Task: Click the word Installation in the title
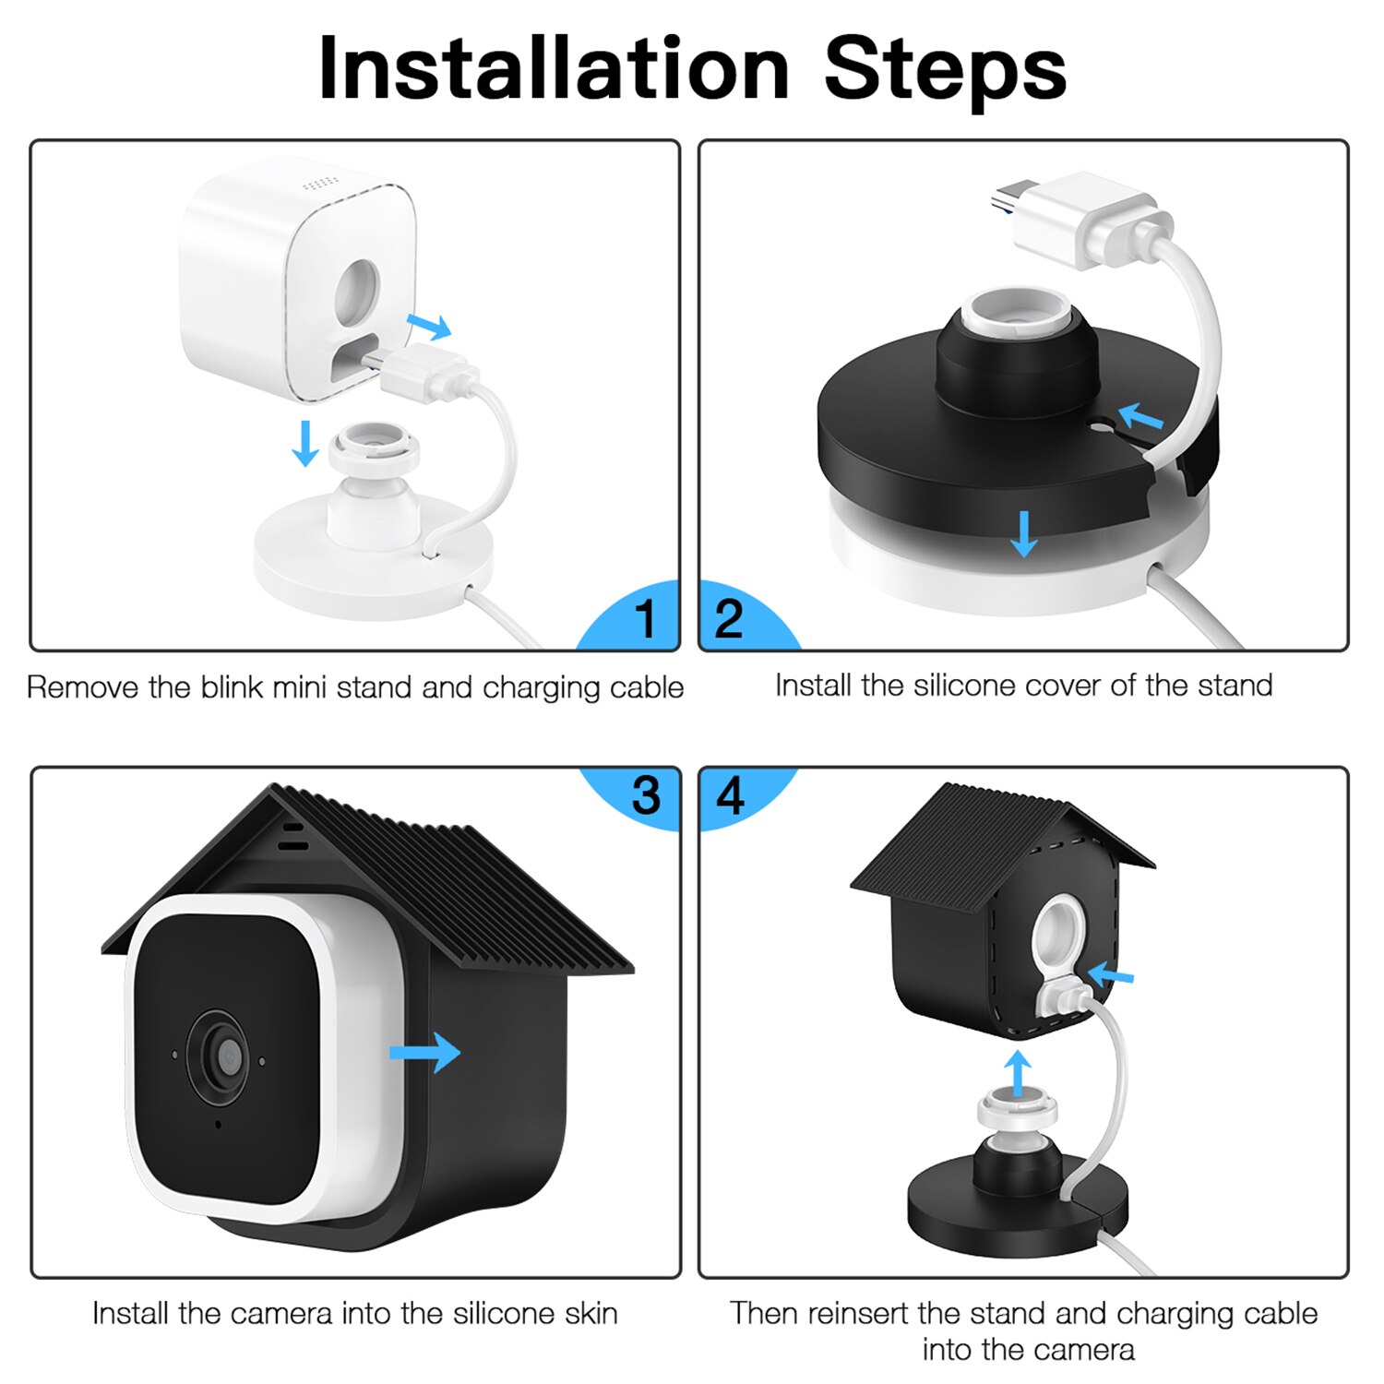(554, 69)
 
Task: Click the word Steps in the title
(945, 69)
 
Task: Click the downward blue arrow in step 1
(304, 443)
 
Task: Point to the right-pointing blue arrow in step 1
(429, 325)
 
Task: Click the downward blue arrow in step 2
(1023, 533)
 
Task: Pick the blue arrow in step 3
(424, 1053)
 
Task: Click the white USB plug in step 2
(1080, 217)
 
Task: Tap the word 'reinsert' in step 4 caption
(858, 1313)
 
